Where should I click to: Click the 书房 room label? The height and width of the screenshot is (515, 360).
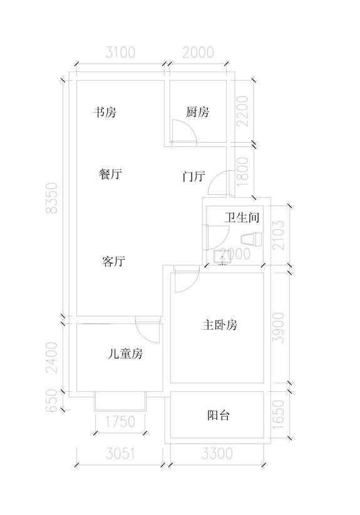click(x=105, y=113)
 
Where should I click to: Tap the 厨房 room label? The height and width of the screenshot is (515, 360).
click(x=197, y=112)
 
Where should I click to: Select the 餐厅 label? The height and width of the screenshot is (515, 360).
click(x=110, y=174)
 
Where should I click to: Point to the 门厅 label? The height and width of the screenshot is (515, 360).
click(x=194, y=176)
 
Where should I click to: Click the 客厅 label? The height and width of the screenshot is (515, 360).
click(x=114, y=262)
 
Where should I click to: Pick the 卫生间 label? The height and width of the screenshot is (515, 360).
click(x=242, y=217)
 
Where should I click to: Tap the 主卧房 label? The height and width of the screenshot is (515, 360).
click(x=220, y=325)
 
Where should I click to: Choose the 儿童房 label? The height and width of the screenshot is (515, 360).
click(x=125, y=354)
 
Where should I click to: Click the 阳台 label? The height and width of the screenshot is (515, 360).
click(x=218, y=416)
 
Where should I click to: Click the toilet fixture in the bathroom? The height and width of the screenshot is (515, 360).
click(x=252, y=239)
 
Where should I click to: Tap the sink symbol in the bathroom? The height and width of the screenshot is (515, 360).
click(x=223, y=257)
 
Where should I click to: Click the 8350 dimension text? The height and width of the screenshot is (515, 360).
click(x=52, y=198)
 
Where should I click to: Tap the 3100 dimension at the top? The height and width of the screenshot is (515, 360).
click(x=120, y=53)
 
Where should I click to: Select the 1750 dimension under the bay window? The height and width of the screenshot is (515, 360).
click(x=120, y=422)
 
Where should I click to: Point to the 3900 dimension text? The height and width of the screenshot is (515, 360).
click(x=279, y=327)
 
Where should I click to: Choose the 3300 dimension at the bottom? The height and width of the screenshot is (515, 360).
click(x=217, y=454)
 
